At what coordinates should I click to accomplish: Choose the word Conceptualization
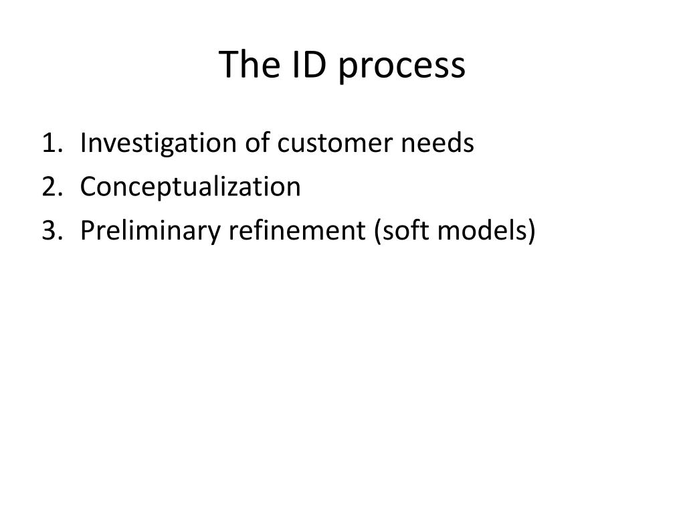pyautogui.click(x=191, y=187)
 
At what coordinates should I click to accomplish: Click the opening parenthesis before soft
pyautogui.click(x=378, y=231)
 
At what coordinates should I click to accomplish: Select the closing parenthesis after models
pyautogui.click(x=532, y=231)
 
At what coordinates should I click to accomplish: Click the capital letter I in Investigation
pyautogui.click(x=83, y=143)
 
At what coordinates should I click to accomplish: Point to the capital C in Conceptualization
pyautogui.click(x=88, y=187)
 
